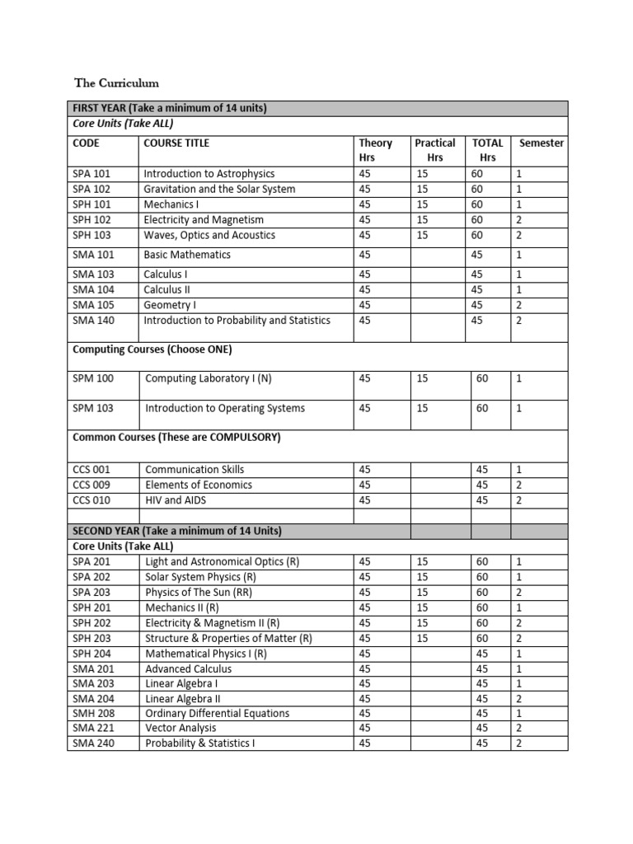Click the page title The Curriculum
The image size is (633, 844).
116,83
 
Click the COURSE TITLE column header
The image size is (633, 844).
176,143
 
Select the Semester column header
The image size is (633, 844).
541,143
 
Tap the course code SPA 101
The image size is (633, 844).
91,174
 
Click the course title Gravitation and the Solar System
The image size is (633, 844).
219,189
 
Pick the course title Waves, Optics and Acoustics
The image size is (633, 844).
209,235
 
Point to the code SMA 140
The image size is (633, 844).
93,320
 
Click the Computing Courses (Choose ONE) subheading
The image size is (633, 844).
152,349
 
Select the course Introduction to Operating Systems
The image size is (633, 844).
225,408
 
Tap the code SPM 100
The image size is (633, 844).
94,378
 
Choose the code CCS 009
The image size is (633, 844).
91,485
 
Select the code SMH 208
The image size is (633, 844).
94,713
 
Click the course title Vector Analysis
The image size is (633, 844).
181,728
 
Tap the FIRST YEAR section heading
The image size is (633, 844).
170,108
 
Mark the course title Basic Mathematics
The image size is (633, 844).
187,255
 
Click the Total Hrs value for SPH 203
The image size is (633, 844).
481,639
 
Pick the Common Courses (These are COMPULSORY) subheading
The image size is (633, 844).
176,438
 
